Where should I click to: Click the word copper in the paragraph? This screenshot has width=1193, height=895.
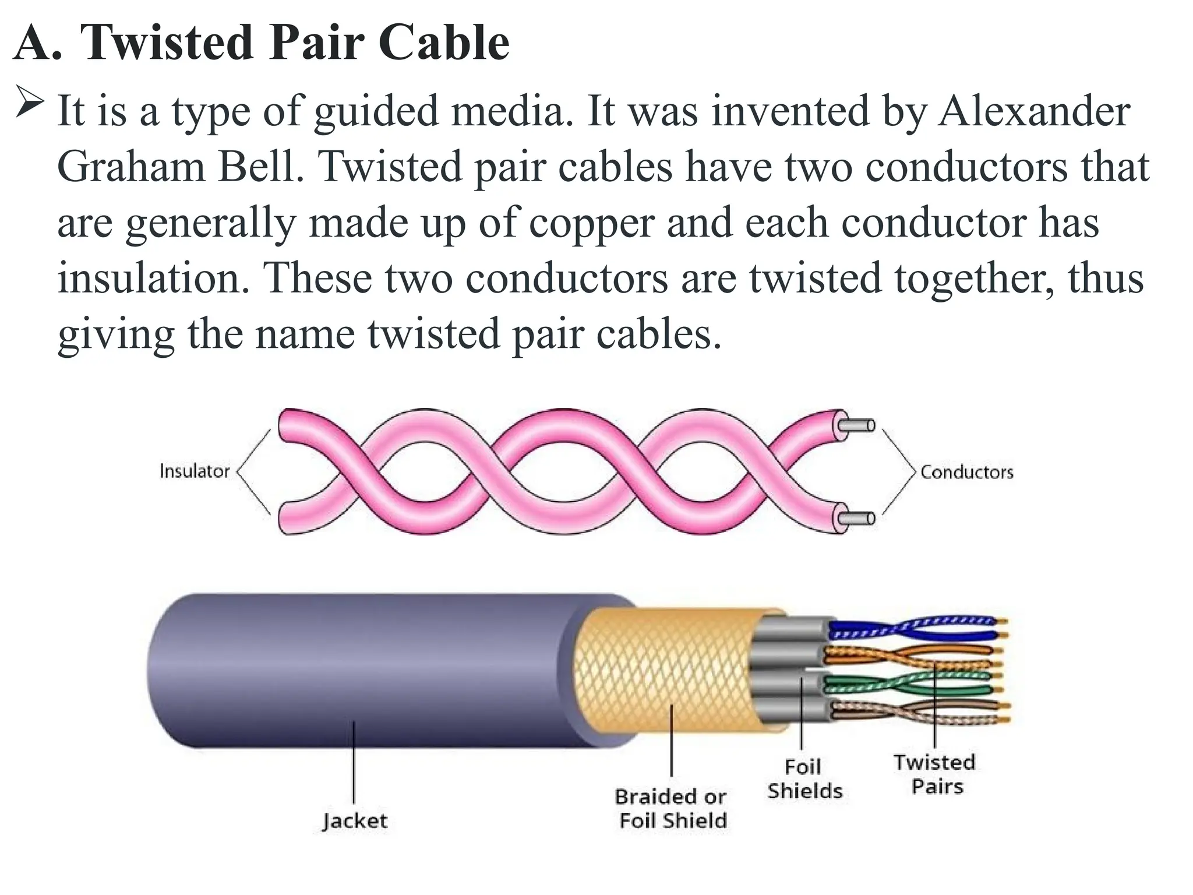[x=592, y=224]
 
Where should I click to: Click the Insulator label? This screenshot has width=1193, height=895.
[x=195, y=471]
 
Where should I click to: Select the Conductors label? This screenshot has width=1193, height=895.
[x=966, y=471]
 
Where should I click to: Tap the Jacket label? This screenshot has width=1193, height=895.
[x=355, y=821]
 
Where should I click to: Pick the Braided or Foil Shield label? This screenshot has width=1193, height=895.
[x=672, y=809]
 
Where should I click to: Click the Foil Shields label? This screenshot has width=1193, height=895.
[x=804, y=779]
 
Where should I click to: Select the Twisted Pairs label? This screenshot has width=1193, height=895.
[x=935, y=774]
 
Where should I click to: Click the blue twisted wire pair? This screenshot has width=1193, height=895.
[x=915, y=628]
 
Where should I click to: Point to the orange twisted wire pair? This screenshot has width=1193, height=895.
[x=915, y=655]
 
